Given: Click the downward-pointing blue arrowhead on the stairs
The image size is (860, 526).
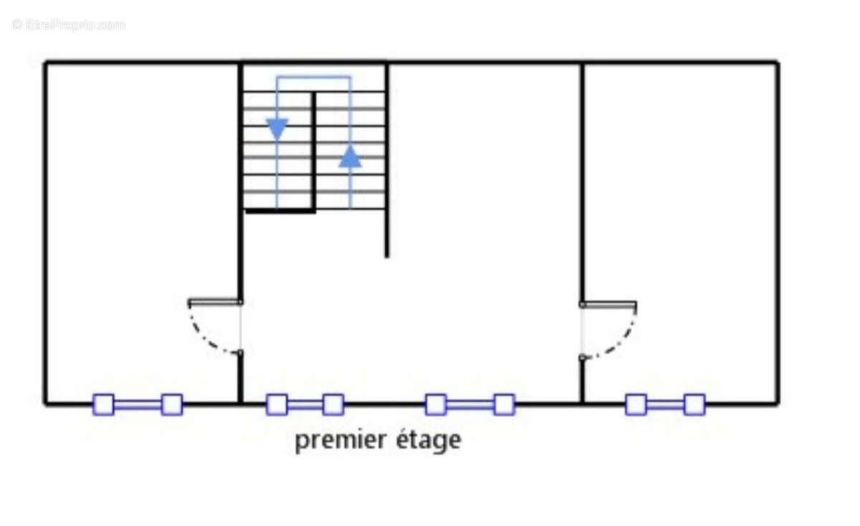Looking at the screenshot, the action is (277, 128).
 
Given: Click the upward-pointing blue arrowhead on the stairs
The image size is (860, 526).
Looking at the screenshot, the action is (350, 156).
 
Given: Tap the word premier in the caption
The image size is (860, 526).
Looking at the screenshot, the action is (340, 441).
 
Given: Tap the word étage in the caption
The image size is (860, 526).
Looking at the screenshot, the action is (429, 441).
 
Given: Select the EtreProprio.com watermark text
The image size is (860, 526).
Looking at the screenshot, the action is (68, 25).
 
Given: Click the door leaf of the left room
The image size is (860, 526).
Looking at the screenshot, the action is (215, 301).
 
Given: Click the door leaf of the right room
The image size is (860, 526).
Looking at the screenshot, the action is (608, 304).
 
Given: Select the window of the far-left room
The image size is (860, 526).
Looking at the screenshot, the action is (138, 405).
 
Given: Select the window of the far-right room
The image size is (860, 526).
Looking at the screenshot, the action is (665, 405).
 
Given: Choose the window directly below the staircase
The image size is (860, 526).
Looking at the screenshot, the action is (305, 405).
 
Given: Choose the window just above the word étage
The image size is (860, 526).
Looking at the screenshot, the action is (470, 405).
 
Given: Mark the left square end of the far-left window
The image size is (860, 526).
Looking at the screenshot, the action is (104, 405).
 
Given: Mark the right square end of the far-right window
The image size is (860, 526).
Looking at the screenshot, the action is (694, 405).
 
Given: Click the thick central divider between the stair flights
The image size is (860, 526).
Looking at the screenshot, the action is (314, 152).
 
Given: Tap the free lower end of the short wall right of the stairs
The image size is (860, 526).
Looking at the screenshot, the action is (386, 256).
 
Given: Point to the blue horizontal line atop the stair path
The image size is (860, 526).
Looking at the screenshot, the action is (314, 78).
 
